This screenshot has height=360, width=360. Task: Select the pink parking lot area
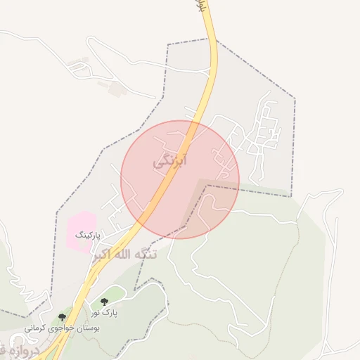click(x=80, y=228)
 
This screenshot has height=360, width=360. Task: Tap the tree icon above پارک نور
click(x=105, y=302)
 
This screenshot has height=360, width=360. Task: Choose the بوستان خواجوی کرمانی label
click(x=63, y=328)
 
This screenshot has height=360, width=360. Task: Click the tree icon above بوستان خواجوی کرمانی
click(x=63, y=317)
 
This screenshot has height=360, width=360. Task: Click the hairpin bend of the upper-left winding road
click(x=73, y=68)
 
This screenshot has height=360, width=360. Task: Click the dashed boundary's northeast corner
click(x=295, y=98)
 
